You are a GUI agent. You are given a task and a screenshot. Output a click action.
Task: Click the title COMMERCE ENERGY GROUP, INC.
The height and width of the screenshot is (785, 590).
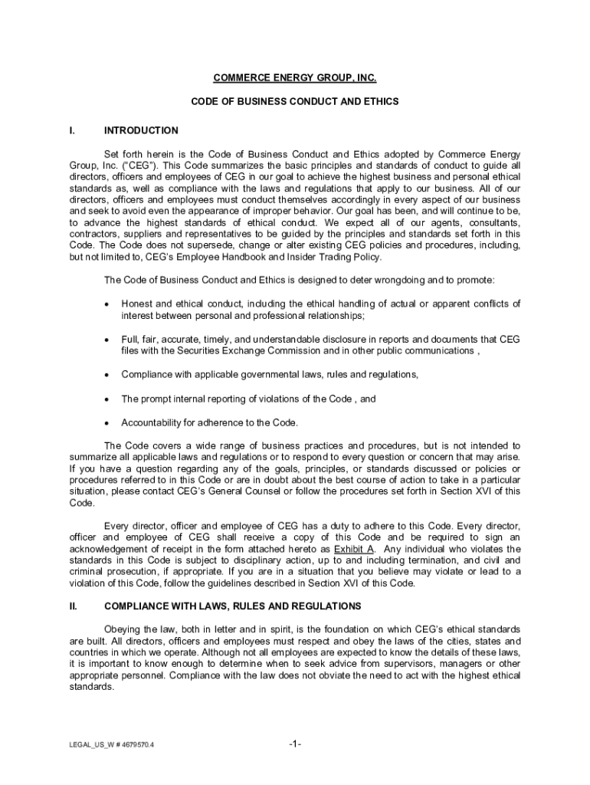(295, 78)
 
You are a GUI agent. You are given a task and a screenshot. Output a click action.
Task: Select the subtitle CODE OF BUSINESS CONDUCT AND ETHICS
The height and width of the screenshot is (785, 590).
(295, 101)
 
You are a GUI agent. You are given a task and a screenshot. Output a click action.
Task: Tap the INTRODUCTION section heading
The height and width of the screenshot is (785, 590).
(141, 131)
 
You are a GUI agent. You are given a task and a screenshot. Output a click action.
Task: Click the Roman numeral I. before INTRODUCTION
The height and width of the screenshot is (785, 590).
(71, 131)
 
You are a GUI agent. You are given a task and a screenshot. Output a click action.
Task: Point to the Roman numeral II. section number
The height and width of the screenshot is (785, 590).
(73, 606)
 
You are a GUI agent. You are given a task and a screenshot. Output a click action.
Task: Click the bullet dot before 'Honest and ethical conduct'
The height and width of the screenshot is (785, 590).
(107, 304)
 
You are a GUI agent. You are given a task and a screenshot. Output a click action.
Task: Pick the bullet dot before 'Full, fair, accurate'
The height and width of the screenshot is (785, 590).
(107, 339)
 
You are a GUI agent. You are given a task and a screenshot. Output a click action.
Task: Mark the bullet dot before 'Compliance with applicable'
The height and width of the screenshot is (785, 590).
(107, 375)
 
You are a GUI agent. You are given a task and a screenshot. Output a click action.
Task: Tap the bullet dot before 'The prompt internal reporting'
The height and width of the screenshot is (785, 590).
(107, 399)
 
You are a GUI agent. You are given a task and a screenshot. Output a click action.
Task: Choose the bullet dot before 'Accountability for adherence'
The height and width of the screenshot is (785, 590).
(107, 423)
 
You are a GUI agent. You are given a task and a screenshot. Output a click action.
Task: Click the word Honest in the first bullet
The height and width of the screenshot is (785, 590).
(136, 304)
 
